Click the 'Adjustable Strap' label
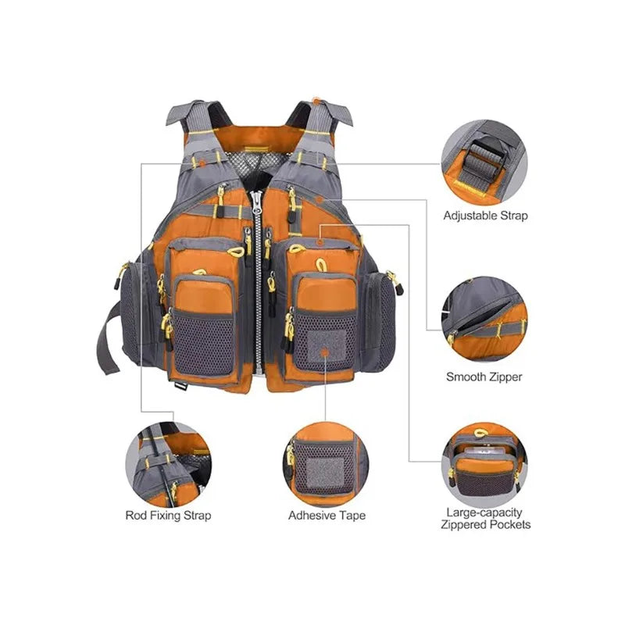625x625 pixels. click(485, 216)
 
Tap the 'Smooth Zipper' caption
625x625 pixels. click(484, 377)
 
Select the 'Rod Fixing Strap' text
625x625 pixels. click(168, 516)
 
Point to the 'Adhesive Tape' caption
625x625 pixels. click(327, 516)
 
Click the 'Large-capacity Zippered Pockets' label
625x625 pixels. click(485, 519)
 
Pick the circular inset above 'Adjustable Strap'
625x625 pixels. click(484, 162)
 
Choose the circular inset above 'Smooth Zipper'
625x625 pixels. click(484, 319)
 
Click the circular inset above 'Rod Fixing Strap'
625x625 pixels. click(168, 465)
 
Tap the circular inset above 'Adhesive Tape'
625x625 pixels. click(326, 465)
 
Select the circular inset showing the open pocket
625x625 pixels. click(484, 465)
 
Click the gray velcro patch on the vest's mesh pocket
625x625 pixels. click(327, 345)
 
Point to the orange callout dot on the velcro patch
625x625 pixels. click(325, 352)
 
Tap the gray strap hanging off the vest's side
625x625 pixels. click(108, 339)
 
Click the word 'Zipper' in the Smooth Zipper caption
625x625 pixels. click(504, 377)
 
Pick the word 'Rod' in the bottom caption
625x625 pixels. click(135, 515)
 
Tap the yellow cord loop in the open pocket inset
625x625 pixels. click(480, 433)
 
